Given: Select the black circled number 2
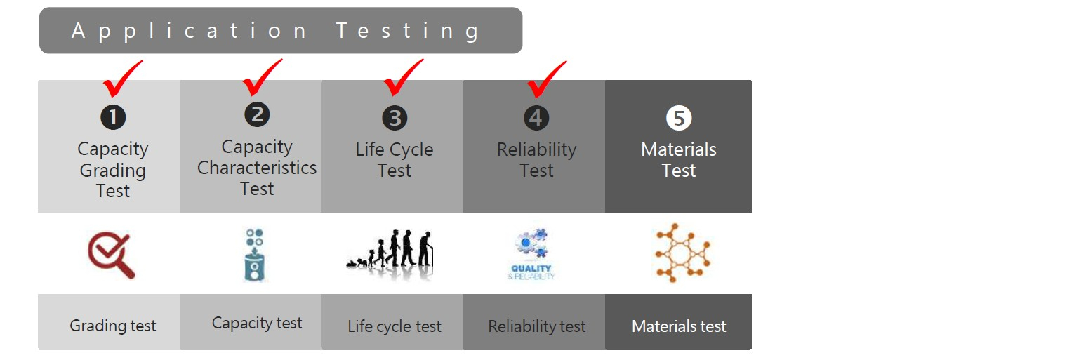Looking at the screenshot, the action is pos(257,115).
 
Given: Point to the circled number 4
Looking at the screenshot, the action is pos(536,118).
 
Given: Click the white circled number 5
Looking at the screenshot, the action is pos(679,118).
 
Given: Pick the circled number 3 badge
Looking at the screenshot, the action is pos(395,118).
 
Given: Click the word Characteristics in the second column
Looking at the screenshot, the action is pos(257,168).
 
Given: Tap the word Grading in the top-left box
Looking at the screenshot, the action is pos(113,171).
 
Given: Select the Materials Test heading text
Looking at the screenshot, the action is pos(679,159).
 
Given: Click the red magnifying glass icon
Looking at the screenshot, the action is pos(112,255).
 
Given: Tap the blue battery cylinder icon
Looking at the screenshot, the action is pos(254,255).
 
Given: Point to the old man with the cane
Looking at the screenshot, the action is pos(425,248).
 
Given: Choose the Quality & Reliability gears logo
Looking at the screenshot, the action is pos(531,254).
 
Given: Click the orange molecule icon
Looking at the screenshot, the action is pos(682,253).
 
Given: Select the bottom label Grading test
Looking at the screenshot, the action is pos(113,326).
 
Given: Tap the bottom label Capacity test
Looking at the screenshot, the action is pos(257,323).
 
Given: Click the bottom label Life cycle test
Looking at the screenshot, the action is pos(395,326).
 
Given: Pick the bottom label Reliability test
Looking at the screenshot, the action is pos(537,326).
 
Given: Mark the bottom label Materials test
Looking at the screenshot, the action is pos(679,326).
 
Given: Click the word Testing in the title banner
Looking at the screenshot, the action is pos(408,32).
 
